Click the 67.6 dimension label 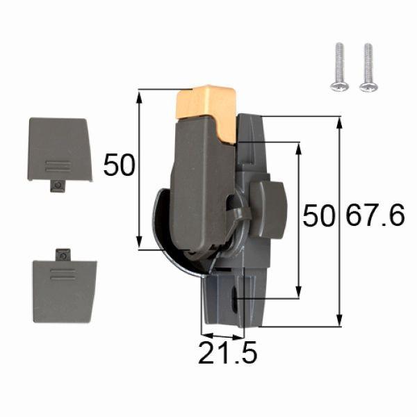[374, 216]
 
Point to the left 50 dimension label [118, 165]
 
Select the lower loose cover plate [65, 291]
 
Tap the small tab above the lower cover [63, 254]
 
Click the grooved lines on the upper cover [57, 166]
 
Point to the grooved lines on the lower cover [63, 277]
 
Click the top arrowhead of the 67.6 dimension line [340, 121]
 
